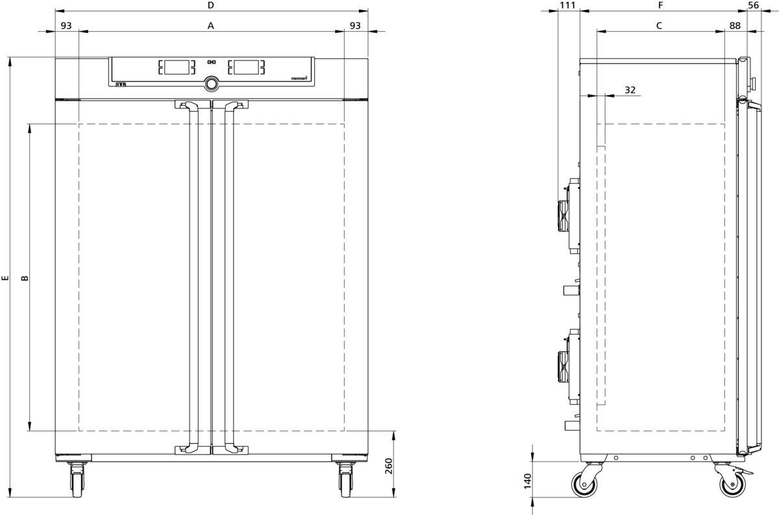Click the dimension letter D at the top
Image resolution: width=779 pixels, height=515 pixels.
tap(210, 5)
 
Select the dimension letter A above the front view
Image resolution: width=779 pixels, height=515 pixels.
tap(210, 26)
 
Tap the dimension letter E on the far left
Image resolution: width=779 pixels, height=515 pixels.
tap(5, 278)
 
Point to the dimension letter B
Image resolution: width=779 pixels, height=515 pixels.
tap(25, 278)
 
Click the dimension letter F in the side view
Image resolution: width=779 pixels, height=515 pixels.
tap(661, 5)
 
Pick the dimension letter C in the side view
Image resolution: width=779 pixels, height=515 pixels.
tap(659, 26)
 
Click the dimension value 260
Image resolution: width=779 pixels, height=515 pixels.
tap(389, 466)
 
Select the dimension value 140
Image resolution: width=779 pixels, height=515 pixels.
tap(528, 481)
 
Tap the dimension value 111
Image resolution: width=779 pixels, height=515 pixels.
tap(567, 5)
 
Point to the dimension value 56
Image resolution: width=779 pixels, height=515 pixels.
tap(753, 5)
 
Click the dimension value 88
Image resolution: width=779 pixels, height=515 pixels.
tap(735, 26)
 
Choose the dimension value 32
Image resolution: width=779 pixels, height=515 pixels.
tap(630, 90)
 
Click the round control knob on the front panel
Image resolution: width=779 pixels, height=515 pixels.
tap(212, 84)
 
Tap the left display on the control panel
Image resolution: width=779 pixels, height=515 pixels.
tap(177, 67)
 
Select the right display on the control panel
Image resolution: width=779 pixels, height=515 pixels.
tap(246, 67)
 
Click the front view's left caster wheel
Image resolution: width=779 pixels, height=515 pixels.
tap(77, 479)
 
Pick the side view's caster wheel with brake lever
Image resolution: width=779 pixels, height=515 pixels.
tap(732, 480)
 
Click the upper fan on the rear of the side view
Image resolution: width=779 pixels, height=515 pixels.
tap(563, 216)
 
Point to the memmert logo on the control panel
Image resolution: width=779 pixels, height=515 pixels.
tap(299, 79)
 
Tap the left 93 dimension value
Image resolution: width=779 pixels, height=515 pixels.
tap(66, 26)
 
